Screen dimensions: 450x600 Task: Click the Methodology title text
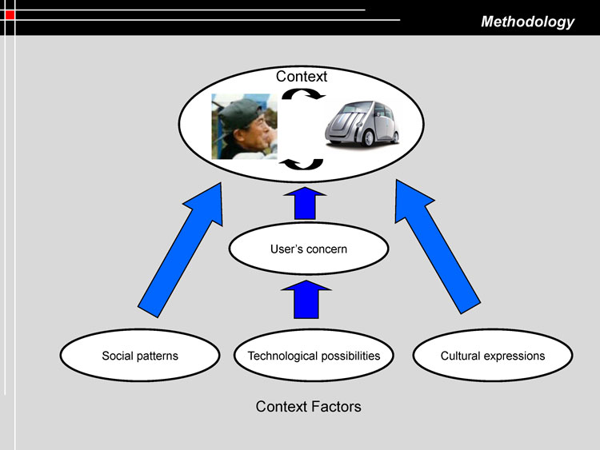(x=527, y=22)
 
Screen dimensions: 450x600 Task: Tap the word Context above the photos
(x=302, y=77)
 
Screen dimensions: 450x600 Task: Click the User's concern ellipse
(x=309, y=249)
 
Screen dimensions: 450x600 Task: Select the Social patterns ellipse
(x=140, y=356)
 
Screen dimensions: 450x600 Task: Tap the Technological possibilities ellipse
(x=314, y=356)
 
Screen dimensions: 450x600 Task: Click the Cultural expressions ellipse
(x=492, y=356)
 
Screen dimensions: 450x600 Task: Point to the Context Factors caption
(x=308, y=407)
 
